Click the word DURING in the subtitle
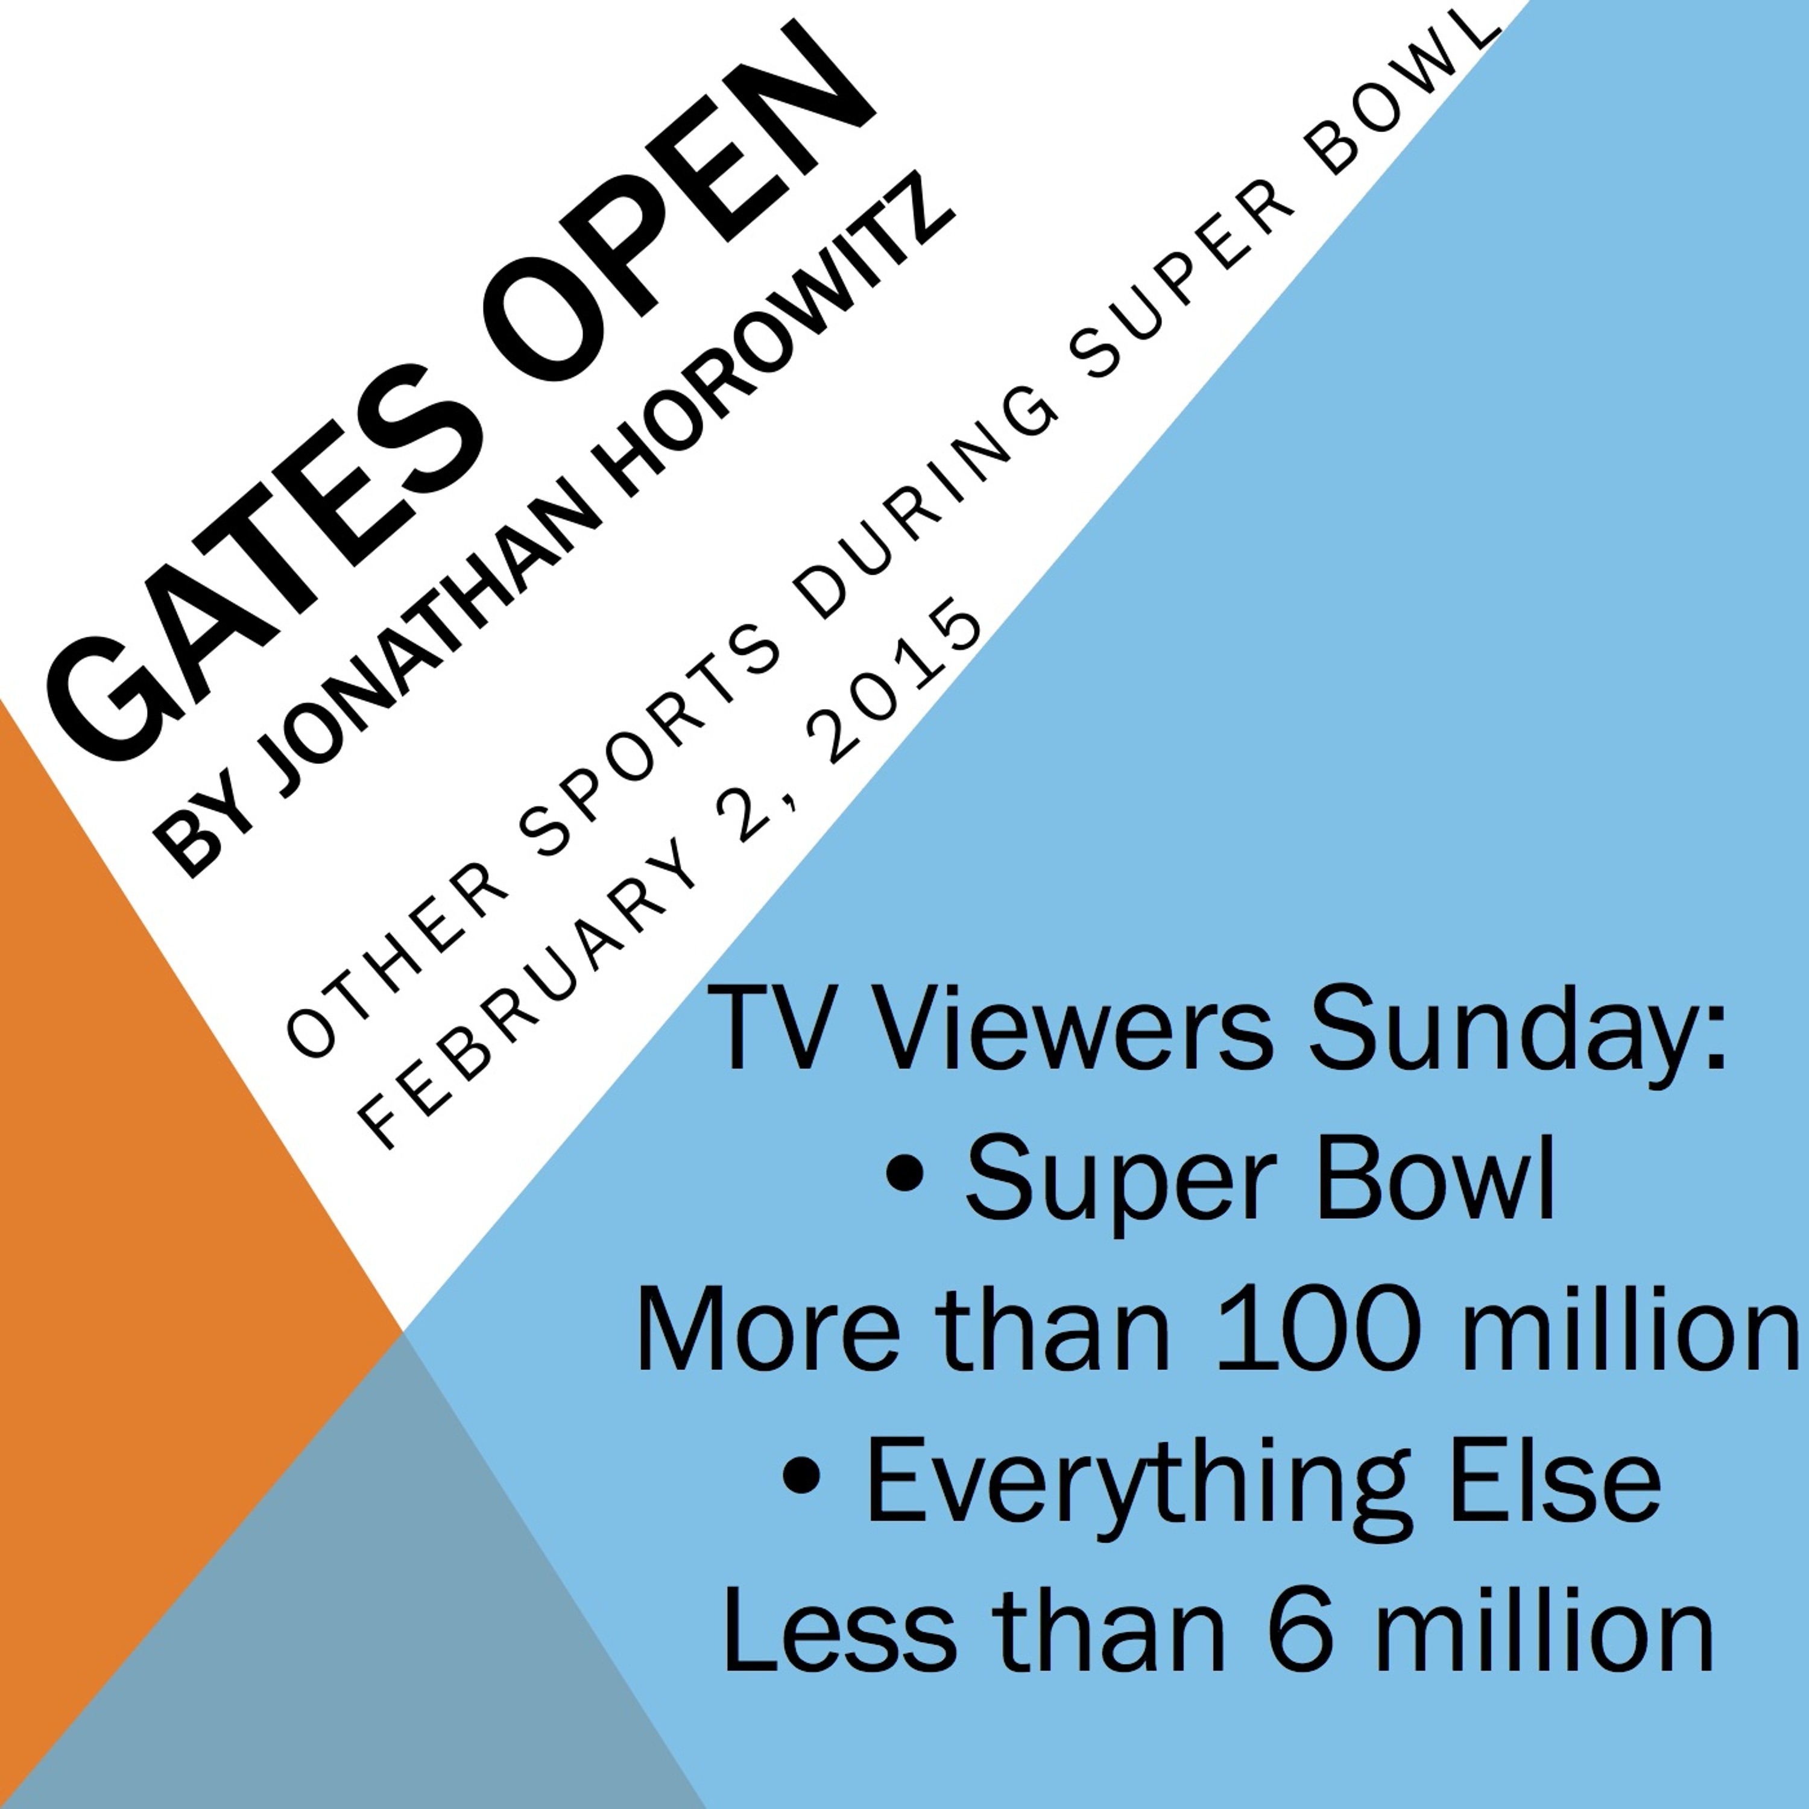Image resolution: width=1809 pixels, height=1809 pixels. coord(927,506)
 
